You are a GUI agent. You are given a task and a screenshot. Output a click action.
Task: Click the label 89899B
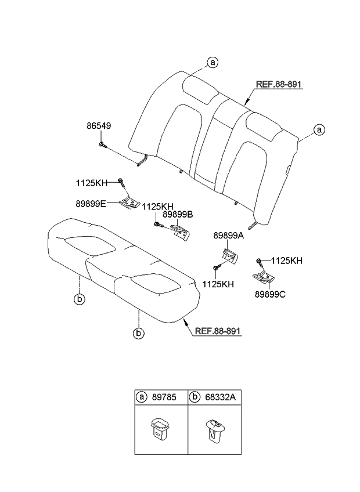pos(177,215)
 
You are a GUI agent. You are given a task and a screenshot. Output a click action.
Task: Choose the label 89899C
pos(269,294)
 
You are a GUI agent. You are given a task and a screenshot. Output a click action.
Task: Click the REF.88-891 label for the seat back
pos(279,85)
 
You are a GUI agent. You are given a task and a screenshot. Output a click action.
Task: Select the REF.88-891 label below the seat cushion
pos(218,331)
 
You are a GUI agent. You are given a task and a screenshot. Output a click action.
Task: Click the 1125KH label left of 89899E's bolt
pos(91,183)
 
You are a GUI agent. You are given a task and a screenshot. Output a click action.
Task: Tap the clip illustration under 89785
pos(159,429)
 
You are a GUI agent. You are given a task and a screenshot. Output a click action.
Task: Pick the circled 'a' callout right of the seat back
pos(319,130)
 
